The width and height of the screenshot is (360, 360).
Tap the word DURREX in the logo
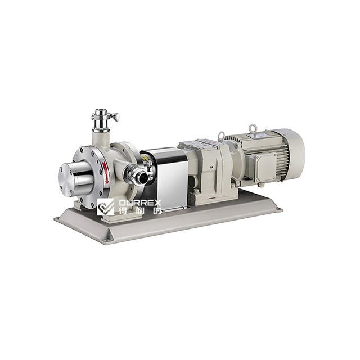138,201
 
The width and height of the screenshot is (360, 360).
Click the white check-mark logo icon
105,206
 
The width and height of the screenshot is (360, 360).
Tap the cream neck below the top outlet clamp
102,136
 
